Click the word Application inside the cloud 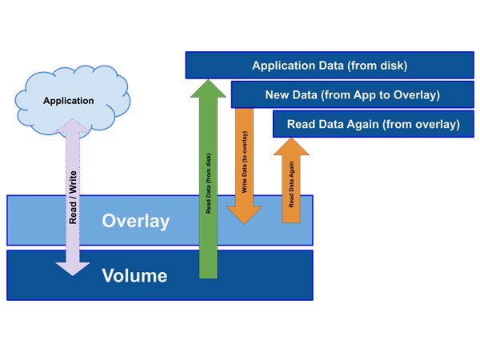pyautogui.click(x=68, y=101)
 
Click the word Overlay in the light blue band pyautogui.click(x=136, y=221)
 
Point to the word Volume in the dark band pyautogui.click(x=134, y=276)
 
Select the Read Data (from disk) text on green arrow pyautogui.click(x=209, y=184)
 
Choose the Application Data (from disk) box pyautogui.click(x=330, y=66)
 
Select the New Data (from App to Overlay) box pyautogui.click(x=352, y=95)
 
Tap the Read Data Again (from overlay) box pyautogui.click(x=373, y=124)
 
